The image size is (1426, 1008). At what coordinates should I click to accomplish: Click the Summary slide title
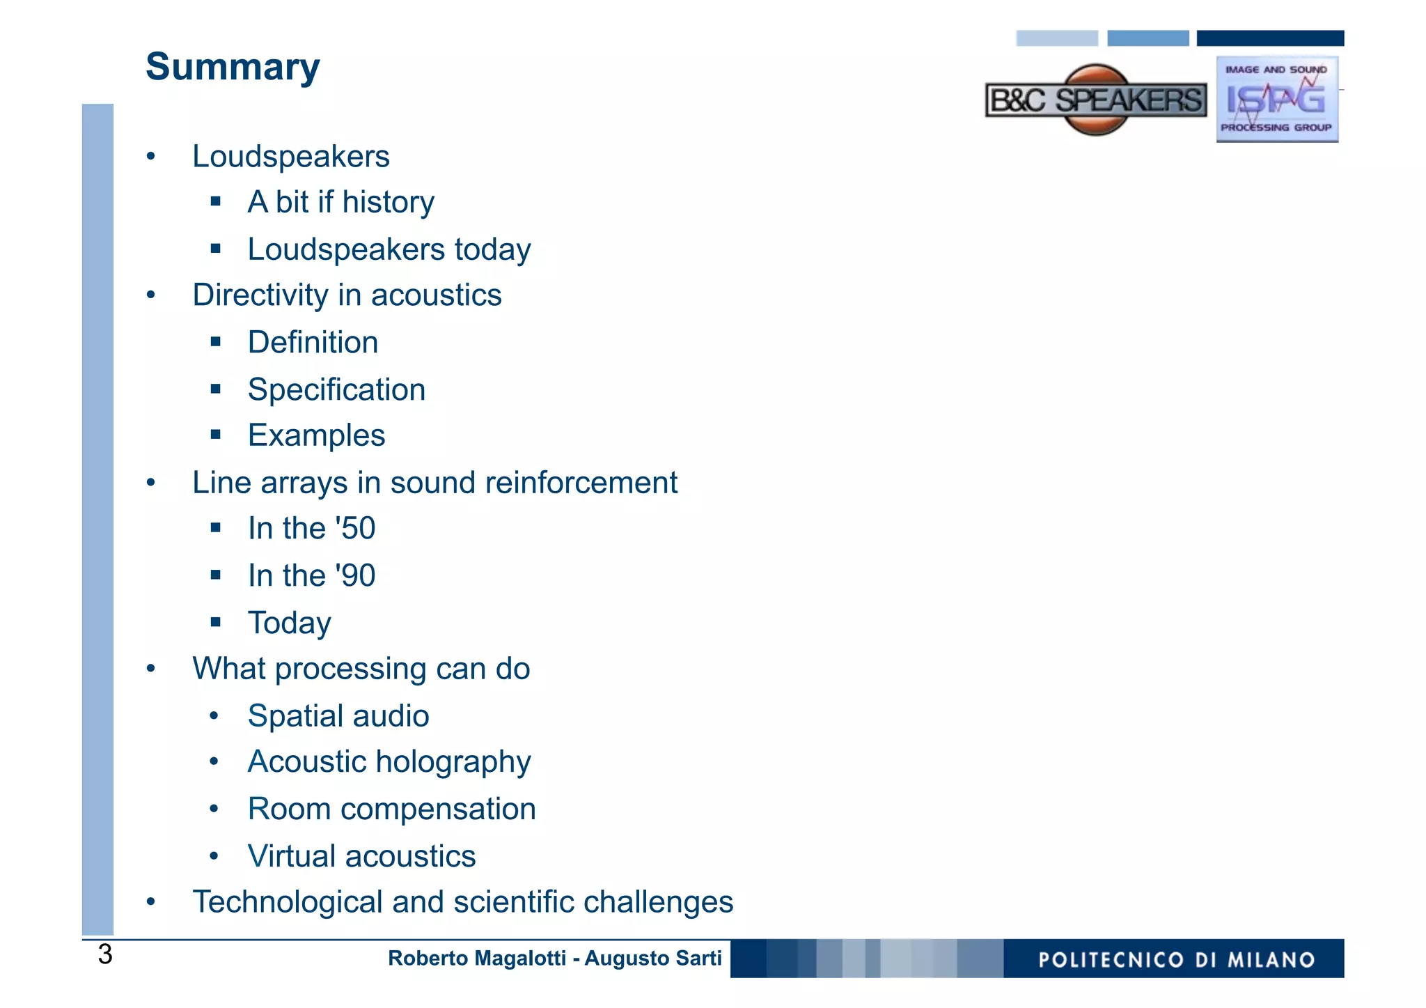coord(233,67)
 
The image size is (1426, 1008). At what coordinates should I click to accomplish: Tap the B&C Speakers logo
coord(1096,100)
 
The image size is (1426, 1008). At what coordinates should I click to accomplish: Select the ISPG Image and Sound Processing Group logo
coord(1277,99)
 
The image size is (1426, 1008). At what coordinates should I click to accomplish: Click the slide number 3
coord(105,954)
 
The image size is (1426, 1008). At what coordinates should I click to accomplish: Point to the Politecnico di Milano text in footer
coord(1176,960)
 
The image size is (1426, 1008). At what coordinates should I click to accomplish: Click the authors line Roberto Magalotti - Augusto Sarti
coord(554,959)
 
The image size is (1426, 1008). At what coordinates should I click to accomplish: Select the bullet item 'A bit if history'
coord(341,202)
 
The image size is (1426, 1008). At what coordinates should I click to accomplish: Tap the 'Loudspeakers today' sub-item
coord(389,249)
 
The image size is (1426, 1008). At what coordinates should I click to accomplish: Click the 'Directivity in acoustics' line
coord(347,295)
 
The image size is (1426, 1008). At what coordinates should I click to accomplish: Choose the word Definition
coord(313,343)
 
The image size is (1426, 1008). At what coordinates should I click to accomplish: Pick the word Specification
coord(336,389)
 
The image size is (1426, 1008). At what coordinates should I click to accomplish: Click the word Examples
coord(316,436)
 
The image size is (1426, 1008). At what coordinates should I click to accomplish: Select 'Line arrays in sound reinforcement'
coord(434,483)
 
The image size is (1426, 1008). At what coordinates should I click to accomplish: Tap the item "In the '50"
coord(311,529)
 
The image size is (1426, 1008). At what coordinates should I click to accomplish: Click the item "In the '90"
coord(311,576)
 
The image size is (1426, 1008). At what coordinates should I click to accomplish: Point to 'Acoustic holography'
coord(389,762)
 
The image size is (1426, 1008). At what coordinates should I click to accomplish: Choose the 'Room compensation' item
coord(392,809)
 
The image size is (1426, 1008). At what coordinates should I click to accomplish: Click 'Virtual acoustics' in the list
coord(361,856)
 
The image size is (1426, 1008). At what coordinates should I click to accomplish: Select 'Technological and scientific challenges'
coord(462,902)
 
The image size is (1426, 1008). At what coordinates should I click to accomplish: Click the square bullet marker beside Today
coord(216,621)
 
